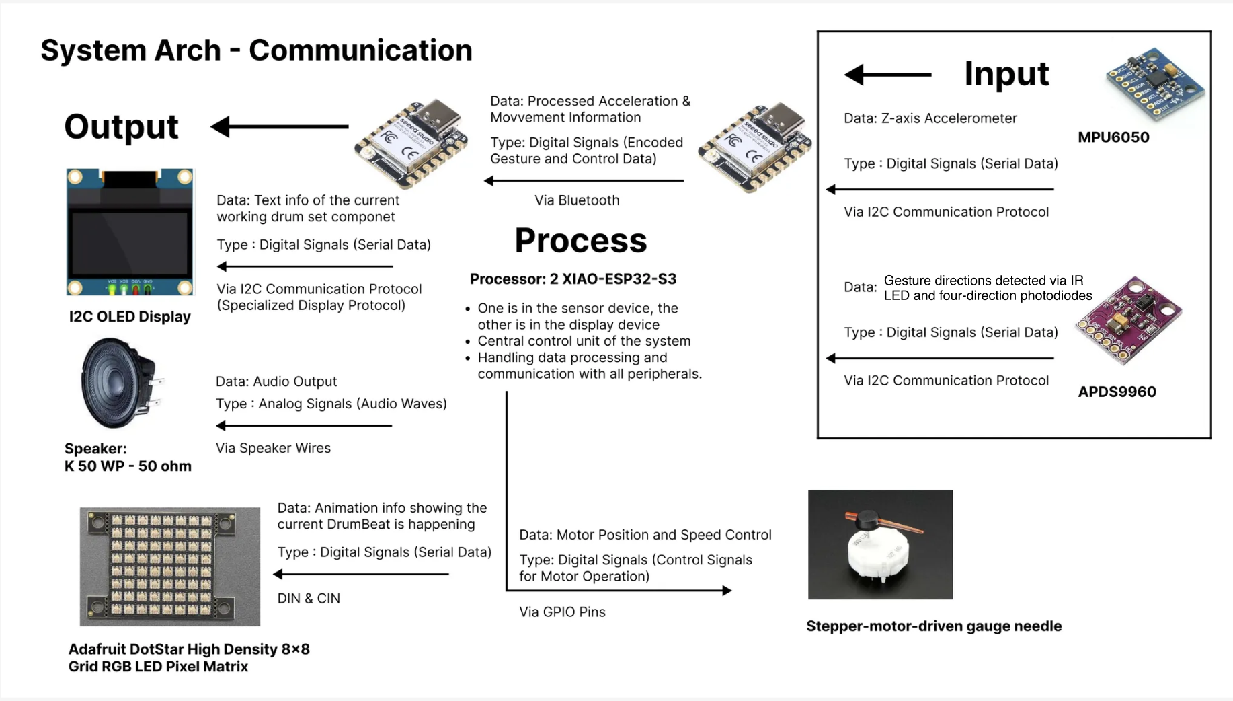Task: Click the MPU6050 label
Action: (1113, 137)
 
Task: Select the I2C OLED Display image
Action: (130, 231)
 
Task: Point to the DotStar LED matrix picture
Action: (169, 566)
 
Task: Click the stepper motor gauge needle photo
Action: (880, 544)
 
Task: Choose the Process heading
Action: (580, 240)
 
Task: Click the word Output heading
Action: (121, 126)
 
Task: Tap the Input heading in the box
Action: (1006, 73)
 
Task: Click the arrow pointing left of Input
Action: (887, 74)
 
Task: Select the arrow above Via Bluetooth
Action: (584, 180)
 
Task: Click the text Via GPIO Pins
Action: (562, 612)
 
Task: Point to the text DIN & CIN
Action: (309, 599)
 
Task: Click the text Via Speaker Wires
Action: (273, 448)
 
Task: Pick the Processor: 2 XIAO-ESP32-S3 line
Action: (573, 279)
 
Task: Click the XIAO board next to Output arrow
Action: (411, 144)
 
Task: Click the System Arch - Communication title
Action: (256, 50)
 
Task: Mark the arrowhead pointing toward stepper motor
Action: (726, 591)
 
